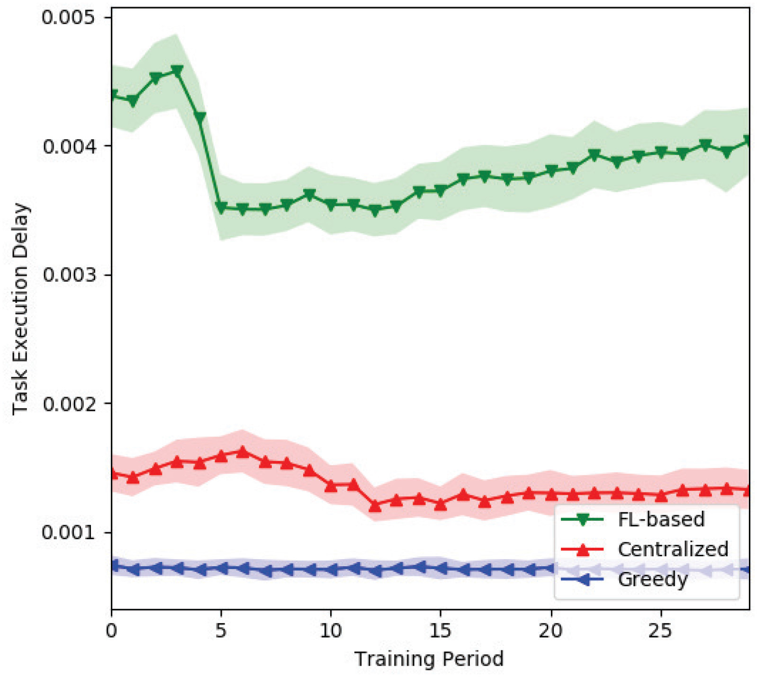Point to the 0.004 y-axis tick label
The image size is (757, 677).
(x=69, y=146)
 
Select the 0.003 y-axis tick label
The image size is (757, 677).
(x=69, y=275)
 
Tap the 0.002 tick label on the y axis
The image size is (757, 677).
(x=69, y=404)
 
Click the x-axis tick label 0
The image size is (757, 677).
(x=111, y=631)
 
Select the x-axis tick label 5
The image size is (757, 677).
(x=221, y=631)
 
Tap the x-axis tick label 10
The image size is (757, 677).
(x=331, y=631)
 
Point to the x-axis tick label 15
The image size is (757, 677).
(x=441, y=631)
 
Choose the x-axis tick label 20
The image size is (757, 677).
(x=550, y=631)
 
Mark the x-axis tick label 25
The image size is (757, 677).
(x=660, y=631)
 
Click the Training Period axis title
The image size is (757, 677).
(x=429, y=659)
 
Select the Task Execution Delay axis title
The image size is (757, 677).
(x=20, y=309)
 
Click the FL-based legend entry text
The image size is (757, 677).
(x=661, y=520)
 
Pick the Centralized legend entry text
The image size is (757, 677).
(x=673, y=549)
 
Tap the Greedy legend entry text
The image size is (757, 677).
(x=653, y=579)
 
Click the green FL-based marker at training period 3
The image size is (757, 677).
(x=177, y=71)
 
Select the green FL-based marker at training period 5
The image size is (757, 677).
(x=221, y=207)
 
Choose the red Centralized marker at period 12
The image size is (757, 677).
(x=375, y=506)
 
